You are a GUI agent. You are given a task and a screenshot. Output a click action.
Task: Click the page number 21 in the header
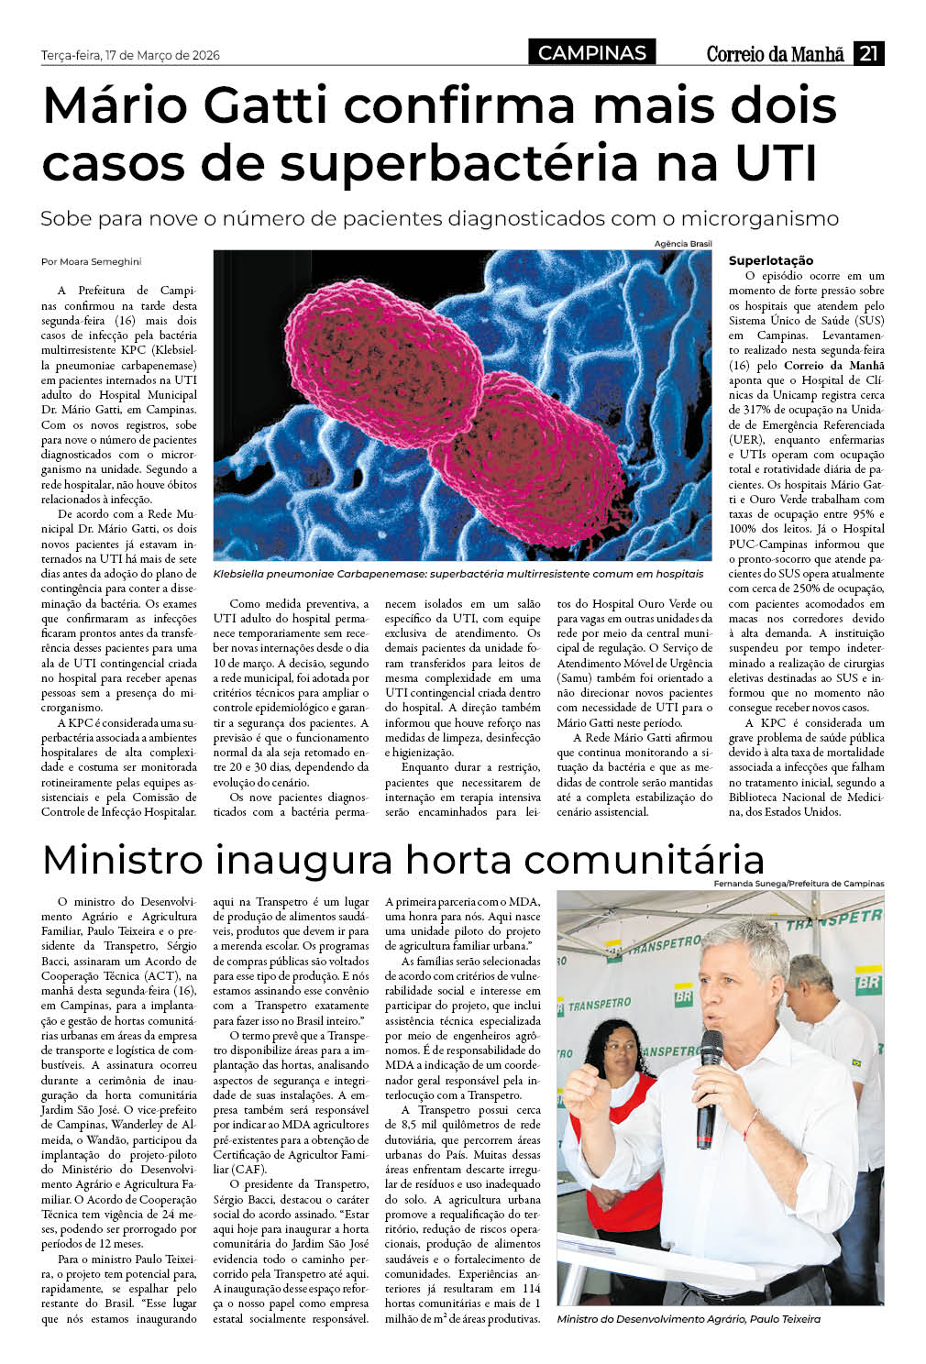point(868,53)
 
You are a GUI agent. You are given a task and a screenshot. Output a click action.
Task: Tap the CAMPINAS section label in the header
point(591,53)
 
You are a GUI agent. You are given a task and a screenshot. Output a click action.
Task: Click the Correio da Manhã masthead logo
point(775,54)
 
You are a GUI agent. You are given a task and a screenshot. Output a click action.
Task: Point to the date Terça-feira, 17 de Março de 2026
point(130,55)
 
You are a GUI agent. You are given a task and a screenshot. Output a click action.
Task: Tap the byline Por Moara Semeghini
point(91,262)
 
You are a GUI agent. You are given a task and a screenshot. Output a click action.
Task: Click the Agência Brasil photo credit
point(683,244)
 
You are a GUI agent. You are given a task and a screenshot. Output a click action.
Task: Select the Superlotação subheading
point(770,260)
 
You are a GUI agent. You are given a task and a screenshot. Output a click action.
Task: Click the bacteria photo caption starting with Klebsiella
point(458,574)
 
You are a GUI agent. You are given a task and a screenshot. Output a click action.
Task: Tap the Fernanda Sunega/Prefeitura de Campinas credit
point(799,884)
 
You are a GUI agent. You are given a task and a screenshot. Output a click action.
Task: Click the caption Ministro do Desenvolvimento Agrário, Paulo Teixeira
point(689,1319)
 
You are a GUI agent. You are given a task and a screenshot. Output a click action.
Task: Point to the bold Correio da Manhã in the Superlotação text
point(833,365)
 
